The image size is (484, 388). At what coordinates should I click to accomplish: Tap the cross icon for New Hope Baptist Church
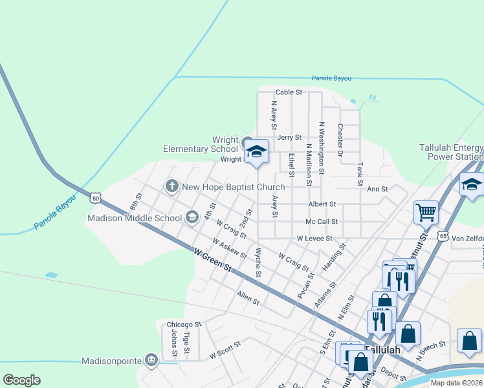coord(171,187)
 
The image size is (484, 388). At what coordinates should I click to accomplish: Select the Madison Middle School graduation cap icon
coord(192,217)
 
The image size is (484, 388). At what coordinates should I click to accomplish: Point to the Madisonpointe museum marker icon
coord(151,359)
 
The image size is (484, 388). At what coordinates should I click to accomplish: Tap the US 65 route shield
coord(443,236)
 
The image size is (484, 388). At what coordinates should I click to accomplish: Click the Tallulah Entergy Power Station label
coord(451,152)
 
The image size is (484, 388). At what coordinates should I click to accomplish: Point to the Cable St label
coord(289,92)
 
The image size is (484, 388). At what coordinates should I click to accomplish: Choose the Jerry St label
coord(289,138)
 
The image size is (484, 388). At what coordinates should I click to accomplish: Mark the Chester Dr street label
coord(339,139)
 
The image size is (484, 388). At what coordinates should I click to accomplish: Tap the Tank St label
coord(359,174)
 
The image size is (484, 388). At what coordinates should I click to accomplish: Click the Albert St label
coord(322,204)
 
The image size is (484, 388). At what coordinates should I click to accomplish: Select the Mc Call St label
coord(322,222)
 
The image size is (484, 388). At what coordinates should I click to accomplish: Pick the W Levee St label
coord(313,239)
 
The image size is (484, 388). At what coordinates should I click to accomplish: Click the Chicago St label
coord(184,324)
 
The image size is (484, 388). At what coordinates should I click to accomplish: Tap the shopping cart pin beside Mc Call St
coord(426,212)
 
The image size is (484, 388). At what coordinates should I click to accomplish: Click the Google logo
coord(21,380)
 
